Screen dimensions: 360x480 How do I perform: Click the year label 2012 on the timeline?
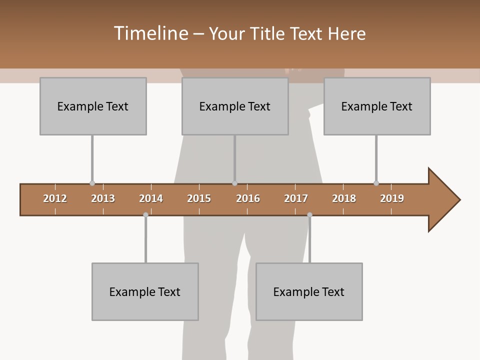click(x=55, y=198)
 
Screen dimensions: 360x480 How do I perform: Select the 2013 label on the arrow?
click(x=103, y=198)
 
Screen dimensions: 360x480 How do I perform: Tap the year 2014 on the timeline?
click(x=151, y=198)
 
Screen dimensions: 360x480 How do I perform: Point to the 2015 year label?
click(x=199, y=198)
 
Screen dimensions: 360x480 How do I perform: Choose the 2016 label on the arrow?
click(x=248, y=198)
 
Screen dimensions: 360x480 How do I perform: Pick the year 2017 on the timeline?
click(x=296, y=198)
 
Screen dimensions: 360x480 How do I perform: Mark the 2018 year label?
click(x=344, y=198)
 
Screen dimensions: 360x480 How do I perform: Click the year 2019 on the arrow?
click(x=392, y=198)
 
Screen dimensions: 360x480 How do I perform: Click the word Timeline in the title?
click(x=150, y=33)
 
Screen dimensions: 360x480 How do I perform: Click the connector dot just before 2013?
click(x=92, y=183)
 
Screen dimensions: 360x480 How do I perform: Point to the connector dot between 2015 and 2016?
click(x=234, y=183)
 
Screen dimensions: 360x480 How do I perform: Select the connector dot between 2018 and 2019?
click(x=376, y=183)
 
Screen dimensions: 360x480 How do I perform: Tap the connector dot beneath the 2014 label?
click(x=145, y=215)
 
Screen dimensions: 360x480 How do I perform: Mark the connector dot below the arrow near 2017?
click(x=309, y=215)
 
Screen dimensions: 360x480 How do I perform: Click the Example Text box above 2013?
click(x=93, y=106)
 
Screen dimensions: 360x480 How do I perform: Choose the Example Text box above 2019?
click(x=377, y=106)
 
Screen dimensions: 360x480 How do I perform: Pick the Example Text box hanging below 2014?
click(x=145, y=291)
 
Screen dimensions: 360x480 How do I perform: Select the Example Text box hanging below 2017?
click(x=309, y=291)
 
